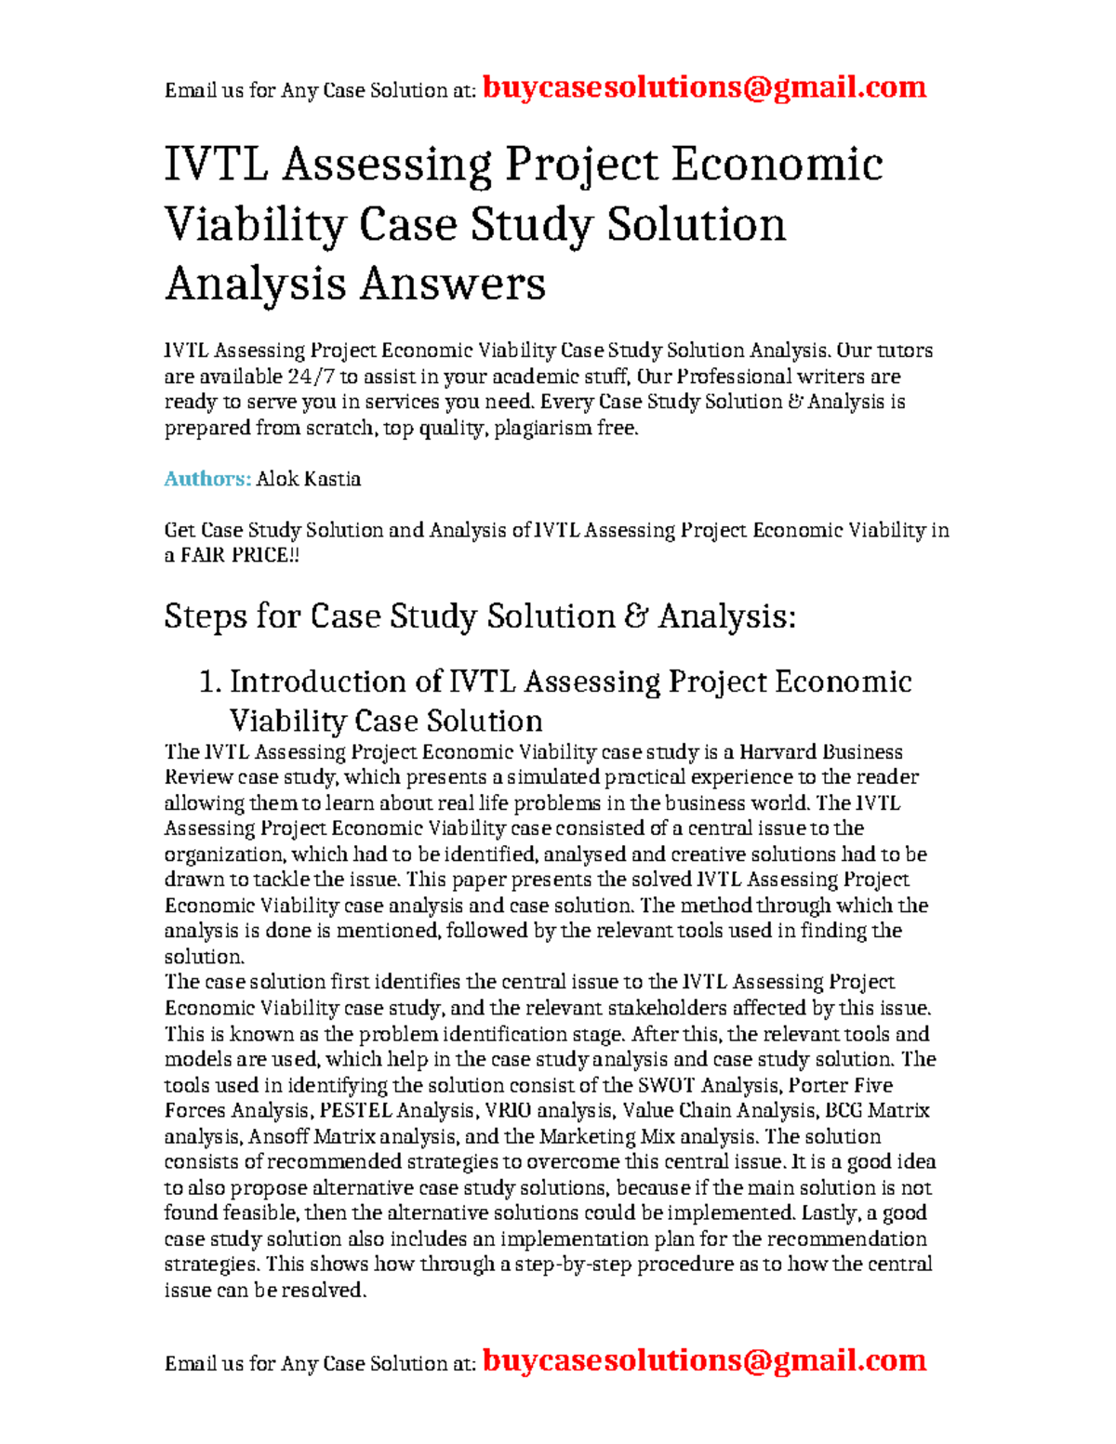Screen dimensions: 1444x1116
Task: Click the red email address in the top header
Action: pos(704,87)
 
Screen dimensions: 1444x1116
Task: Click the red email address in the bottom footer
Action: pos(704,1360)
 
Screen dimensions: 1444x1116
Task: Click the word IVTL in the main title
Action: pos(217,166)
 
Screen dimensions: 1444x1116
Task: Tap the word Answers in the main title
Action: pos(453,284)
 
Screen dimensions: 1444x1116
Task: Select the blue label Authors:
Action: pos(207,479)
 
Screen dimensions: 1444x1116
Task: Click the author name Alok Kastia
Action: pos(309,479)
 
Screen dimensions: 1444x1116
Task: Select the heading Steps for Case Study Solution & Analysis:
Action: pos(480,616)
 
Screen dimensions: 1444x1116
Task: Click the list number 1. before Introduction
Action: pos(210,682)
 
